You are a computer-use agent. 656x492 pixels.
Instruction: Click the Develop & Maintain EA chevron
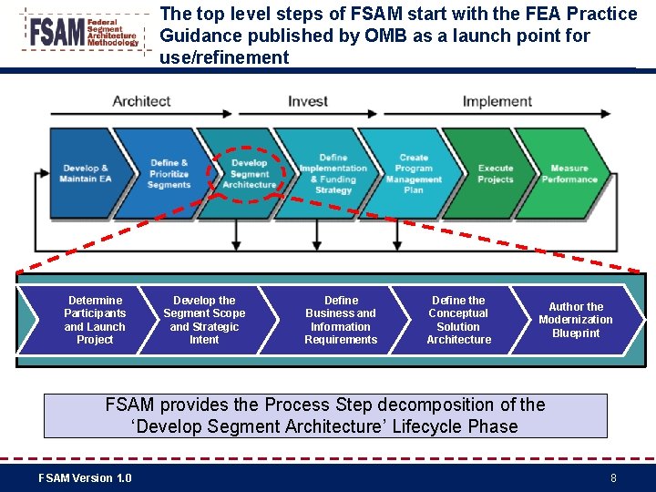point(86,173)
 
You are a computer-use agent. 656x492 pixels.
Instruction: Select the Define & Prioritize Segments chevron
point(169,174)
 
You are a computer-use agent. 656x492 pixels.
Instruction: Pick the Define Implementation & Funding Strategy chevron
point(333,174)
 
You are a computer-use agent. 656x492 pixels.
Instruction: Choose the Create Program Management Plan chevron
point(414,174)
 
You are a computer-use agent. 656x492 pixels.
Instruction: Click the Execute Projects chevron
point(496,174)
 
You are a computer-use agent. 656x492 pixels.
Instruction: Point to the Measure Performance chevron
point(569,174)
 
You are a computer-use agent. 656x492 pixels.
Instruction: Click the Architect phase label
point(141,101)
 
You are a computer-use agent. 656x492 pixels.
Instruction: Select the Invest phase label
point(308,101)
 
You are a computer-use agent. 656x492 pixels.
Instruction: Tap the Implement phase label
point(497,101)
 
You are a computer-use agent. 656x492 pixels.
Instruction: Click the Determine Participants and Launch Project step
point(95,320)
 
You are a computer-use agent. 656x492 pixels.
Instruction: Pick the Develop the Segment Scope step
point(204,320)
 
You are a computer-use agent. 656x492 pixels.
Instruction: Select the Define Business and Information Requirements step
point(341,320)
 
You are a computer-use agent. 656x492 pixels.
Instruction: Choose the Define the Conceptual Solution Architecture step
point(458,320)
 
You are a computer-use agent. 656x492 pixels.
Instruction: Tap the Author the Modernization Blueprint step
point(576,320)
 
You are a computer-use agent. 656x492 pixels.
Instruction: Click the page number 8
point(613,478)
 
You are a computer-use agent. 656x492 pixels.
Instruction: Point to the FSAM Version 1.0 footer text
point(85,478)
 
